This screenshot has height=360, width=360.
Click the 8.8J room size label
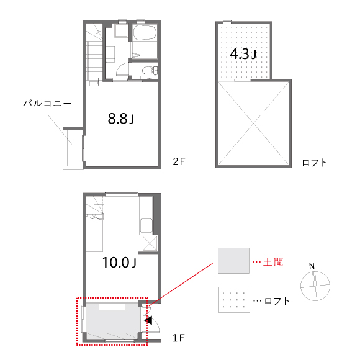click(121, 119)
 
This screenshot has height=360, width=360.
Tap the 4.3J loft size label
click(243, 54)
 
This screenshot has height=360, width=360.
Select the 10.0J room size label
click(119, 263)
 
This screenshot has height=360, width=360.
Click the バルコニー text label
click(48, 103)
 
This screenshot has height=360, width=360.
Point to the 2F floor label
click(179, 161)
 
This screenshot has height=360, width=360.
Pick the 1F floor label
click(179, 338)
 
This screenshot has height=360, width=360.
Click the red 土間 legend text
click(273, 262)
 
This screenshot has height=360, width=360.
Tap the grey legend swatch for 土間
click(233, 261)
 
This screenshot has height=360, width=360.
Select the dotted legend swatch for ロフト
click(234, 300)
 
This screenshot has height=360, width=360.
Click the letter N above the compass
click(312, 266)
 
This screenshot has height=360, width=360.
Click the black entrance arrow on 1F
click(148, 320)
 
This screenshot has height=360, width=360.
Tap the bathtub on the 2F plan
click(145, 33)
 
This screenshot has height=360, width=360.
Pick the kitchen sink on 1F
click(146, 226)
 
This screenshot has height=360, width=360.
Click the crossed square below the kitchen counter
click(150, 243)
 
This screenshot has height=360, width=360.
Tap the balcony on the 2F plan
click(73, 148)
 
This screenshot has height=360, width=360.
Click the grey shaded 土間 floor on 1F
click(113, 318)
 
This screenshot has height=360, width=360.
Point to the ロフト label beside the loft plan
click(314, 163)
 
